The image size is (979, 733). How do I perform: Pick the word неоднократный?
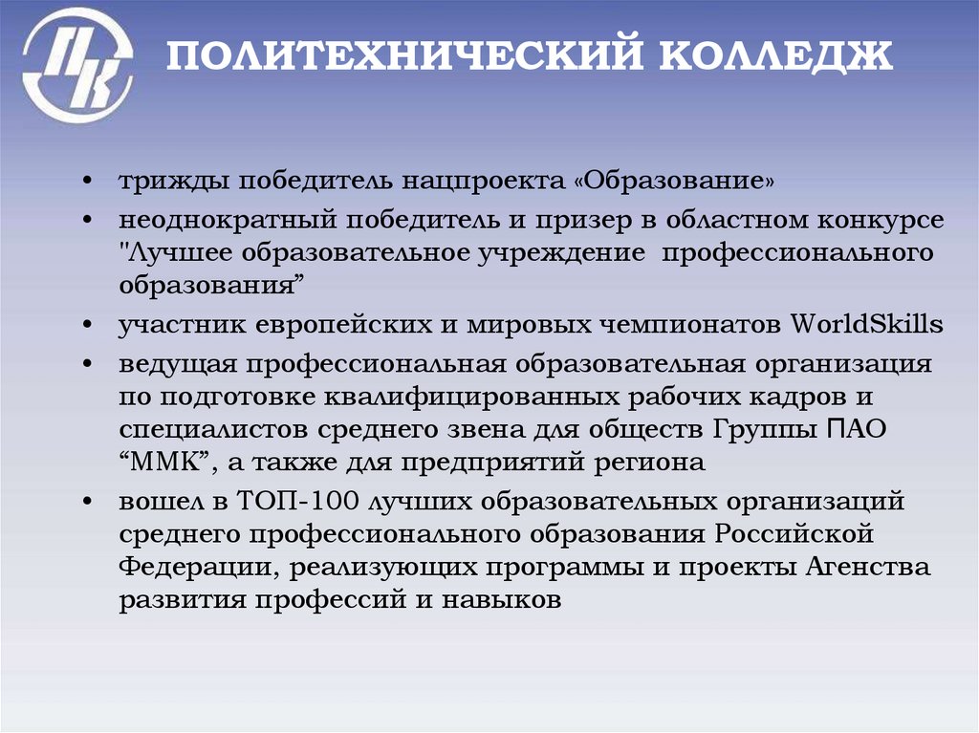pos(220,221)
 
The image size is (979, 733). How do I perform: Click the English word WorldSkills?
pos(867,324)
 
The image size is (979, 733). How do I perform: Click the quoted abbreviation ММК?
pos(165,464)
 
